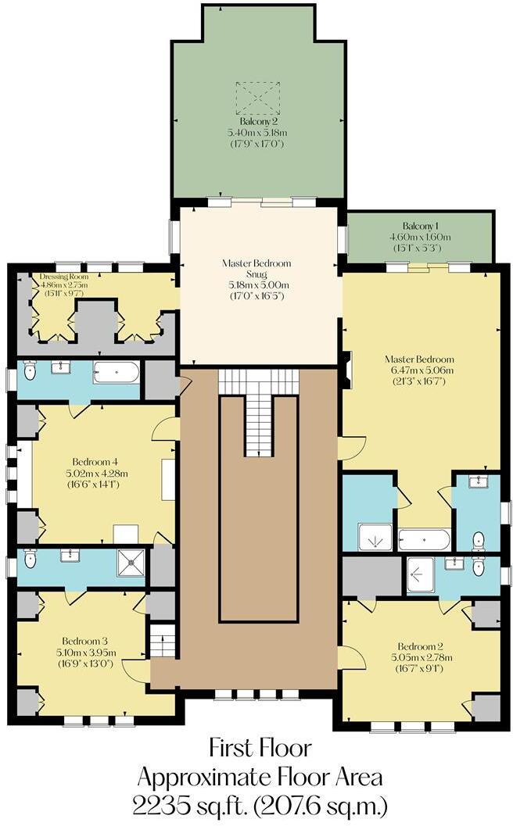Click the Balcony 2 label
click(259, 122)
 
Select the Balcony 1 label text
click(421, 225)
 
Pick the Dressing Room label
click(64, 277)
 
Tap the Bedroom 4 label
click(94, 461)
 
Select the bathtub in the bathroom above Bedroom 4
click(117, 371)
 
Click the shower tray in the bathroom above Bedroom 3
click(131, 562)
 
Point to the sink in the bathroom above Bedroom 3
click(70, 555)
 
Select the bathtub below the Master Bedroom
click(424, 539)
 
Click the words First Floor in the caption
click(260, 748)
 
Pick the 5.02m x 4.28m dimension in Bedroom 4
click(94, 473)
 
